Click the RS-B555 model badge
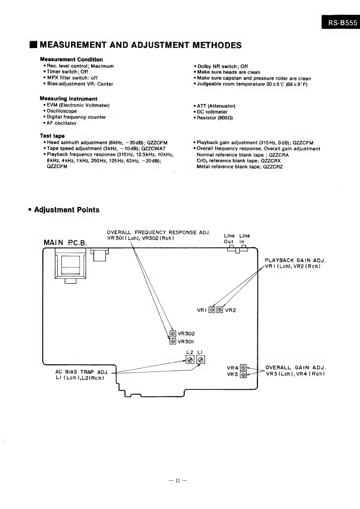(x=341, y=23)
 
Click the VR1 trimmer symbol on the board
(x=212, y=310)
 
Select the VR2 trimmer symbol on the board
(x=220, y=310)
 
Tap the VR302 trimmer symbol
(x=173, y=334)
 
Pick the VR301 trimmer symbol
(x=173, y=341)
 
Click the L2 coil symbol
(x=190, y=360)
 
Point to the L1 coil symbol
(x=201, y=360)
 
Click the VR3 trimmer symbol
(x=243, y=375)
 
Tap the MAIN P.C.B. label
(x=65, y=243)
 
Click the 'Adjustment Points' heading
(x=66, y=210)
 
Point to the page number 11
(x=178, y=480)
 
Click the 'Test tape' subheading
(x=52, y=136)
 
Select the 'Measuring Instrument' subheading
(x=69, y=99)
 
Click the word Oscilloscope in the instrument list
(x=62, y=111)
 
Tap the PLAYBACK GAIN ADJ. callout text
(x=295, y=260)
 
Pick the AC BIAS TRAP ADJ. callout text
(x=82, y=372)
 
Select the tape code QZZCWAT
(x=154, y=148)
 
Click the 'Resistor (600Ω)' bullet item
(x=215, y=118)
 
